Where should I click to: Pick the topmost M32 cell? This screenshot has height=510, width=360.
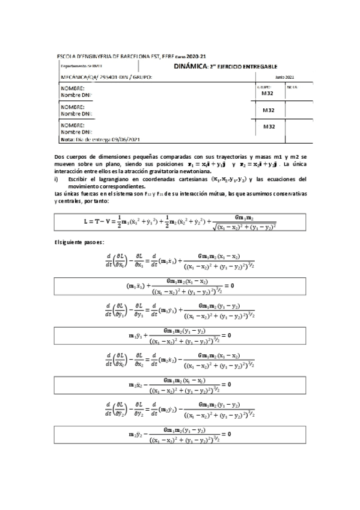click(x=267, y=94)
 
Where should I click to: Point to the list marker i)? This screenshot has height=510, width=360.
click(x=56, y=179)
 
